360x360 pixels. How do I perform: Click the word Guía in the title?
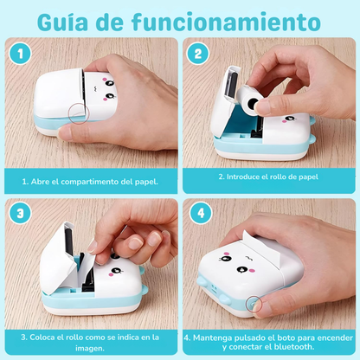pos(62,22)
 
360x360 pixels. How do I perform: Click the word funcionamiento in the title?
pos(226,22)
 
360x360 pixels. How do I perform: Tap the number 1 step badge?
pos(20,54)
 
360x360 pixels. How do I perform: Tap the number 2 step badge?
pos(198,54)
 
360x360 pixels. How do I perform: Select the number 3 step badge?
pos(20,213)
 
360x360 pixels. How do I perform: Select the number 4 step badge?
pos(201,213)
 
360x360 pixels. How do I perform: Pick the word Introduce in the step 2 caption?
pos(239,177)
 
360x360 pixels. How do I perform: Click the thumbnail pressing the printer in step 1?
pos(64,133)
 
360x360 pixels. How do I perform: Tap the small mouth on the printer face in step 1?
pos(94,88)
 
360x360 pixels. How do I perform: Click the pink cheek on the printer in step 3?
pos(111,274)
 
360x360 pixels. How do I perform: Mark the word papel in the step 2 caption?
pos(308,177)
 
